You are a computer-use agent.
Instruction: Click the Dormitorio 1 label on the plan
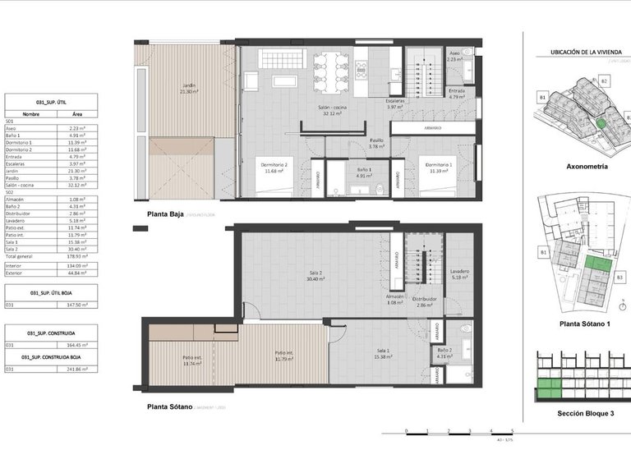(437, 168)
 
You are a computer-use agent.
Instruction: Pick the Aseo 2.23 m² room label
(458, 57)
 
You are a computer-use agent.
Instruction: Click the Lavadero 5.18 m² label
(459, 274)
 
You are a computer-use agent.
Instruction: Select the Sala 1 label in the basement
(380, 353)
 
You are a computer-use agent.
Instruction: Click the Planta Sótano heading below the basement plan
(169, 406)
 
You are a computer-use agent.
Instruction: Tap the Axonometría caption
(587, 166)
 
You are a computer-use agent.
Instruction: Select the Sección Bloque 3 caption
(586, 413)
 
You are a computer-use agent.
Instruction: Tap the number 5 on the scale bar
(511, 431)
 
